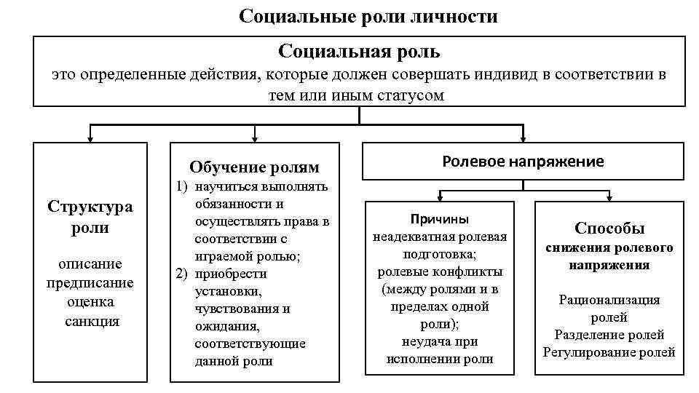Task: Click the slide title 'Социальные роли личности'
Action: click(x=368, y=16)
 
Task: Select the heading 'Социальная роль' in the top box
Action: click(x=359, y=52)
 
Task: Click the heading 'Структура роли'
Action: click(x=90, y=216)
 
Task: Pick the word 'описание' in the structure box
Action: click(x=90, y=263)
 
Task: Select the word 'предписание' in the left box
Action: click(x=90, y=282)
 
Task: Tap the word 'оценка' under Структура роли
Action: click(x=90, y=301)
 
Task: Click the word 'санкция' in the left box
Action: click(x=90, y=320)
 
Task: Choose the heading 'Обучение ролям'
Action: click(x=253, y=167)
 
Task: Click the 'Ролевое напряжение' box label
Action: click(x=523, y=162)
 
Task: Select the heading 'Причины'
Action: click(x=439, y=219)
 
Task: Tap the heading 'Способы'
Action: click(x=609, y=228)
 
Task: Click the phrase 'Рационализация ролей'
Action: click(x=609, y=309)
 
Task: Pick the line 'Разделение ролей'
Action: click(x=609, y=335)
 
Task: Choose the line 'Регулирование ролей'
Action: click(x=609, y=352)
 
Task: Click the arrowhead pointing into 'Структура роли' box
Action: click(x=90, y=138)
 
